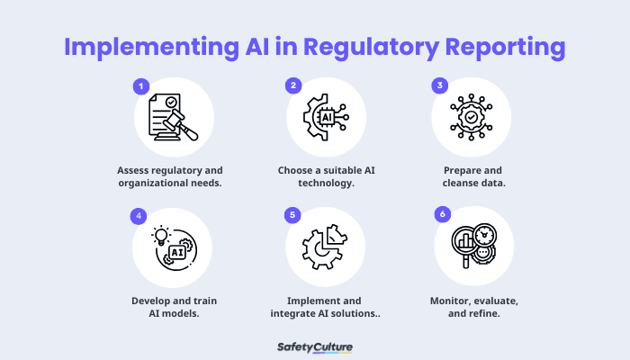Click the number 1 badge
[x=141, y=86]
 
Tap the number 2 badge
[x=293, y=86]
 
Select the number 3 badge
[x=440, y=86]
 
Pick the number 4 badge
[x=139, y=216]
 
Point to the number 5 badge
[x=292, y=216]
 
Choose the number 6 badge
[x=442, y=215]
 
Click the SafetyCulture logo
[x=315, y=346]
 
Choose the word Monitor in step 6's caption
[x=446, y=299]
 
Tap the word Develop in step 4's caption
[x=148, y=299]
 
